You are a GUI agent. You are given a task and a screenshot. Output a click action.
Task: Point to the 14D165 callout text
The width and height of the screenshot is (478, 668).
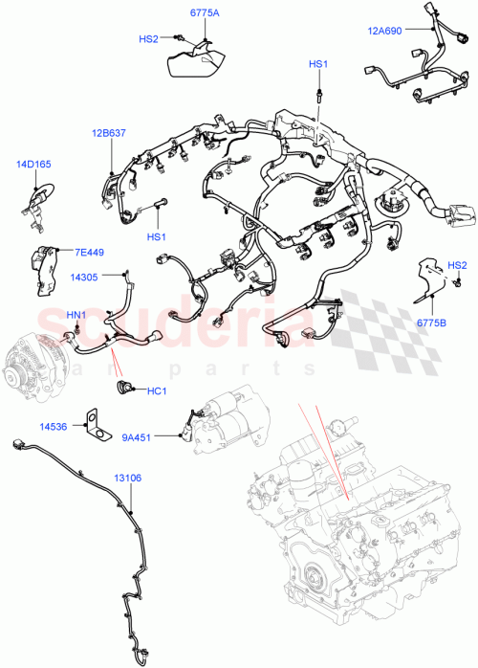(33, 165)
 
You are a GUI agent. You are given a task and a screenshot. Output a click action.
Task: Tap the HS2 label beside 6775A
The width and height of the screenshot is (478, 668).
(148, 39)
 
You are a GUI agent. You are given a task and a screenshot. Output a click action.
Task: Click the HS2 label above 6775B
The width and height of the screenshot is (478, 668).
(457, 265)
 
